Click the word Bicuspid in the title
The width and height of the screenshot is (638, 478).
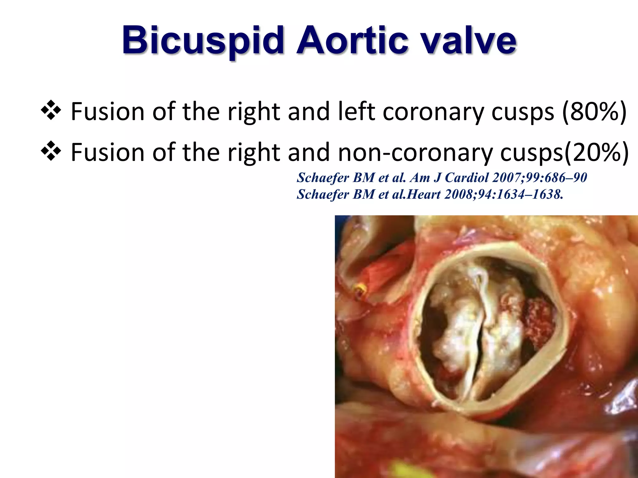point(203,41)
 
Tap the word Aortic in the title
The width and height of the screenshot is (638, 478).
point(352,41)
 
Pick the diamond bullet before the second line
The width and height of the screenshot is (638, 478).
point(50,152)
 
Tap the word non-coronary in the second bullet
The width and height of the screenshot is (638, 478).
point(415,152)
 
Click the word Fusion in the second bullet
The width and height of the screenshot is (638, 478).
point(107,152)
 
